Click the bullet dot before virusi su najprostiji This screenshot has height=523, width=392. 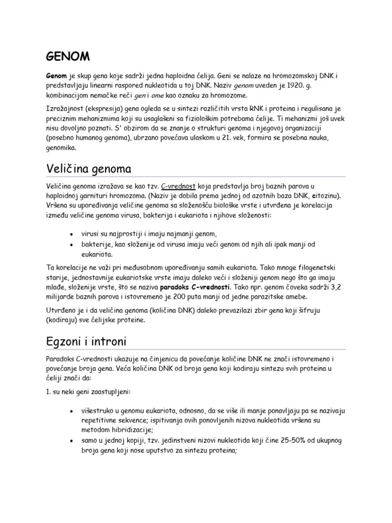coord(70,234)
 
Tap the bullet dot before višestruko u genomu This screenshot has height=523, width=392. coord(70,410)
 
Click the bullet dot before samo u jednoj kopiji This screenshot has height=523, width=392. coord(70,441)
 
